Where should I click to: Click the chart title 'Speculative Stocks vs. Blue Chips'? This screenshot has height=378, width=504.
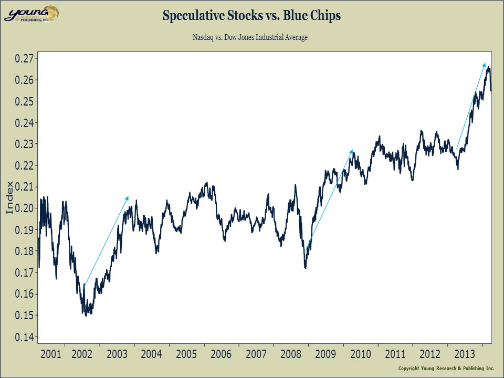click(251, 16)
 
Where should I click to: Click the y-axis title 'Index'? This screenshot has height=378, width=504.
click(9, 198)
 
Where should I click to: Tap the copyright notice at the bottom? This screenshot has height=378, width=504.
click(447, 367)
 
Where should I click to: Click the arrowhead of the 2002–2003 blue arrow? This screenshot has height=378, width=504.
click(128, 197)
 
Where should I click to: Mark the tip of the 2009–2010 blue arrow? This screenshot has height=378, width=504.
click(352, 151)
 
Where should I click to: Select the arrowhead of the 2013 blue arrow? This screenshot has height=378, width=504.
click(485, 63)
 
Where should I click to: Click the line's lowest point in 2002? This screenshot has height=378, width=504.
click(86, 316)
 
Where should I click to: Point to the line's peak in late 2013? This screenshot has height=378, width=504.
click(488, 67)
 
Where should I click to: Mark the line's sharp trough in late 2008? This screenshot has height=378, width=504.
click(305, 268)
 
